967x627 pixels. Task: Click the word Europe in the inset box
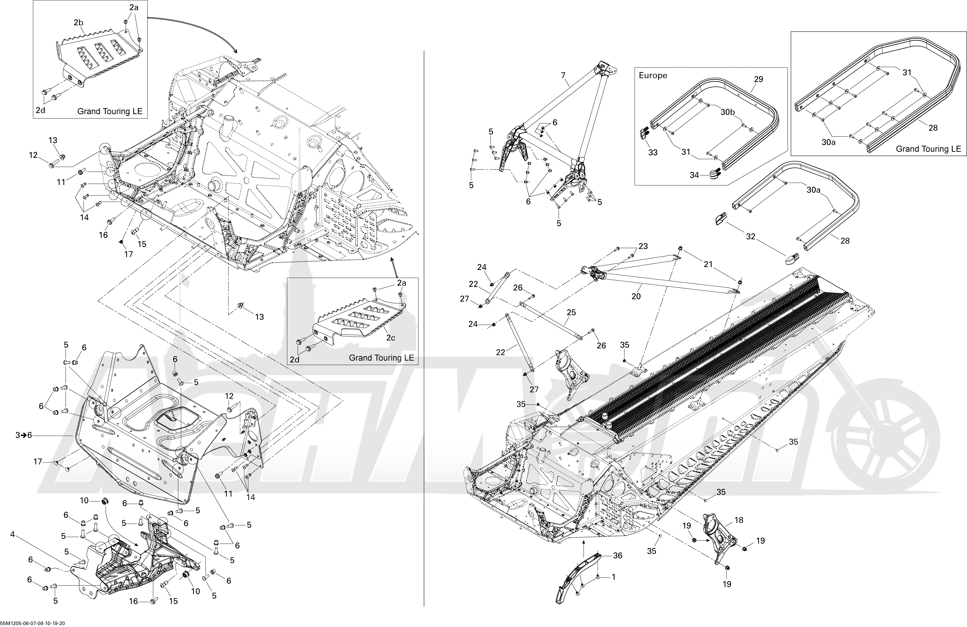tap(653, 76)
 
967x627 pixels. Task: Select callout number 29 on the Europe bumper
tap(759, 79)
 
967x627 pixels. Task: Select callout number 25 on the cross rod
tap(571, 313)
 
